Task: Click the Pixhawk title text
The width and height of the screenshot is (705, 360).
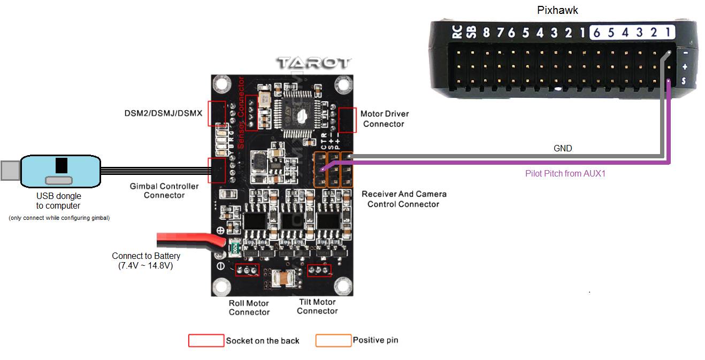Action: (557, 10)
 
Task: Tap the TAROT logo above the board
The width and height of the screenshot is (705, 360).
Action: (313, 63)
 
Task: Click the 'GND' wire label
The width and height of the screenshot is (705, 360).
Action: (563, 148)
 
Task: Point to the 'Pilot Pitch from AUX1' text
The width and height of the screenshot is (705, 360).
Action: (565, 173)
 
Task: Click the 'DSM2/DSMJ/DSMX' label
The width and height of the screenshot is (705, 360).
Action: (163, 113)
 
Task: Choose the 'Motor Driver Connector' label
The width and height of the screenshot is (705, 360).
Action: (384, 119)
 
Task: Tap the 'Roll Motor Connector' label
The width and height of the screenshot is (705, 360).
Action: (249, 308)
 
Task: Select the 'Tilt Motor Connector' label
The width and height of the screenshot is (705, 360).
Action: (317, 307)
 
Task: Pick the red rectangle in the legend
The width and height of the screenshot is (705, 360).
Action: (206, 340)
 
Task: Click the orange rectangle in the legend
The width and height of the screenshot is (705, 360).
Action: (333, 340)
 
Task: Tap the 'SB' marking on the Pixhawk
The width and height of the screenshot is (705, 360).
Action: (471, 32)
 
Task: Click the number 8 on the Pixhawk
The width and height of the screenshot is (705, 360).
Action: (486, 33)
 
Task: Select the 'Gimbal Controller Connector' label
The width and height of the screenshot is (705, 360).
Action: (164, 190)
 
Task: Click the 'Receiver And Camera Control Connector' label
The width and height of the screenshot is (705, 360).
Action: (404, 198)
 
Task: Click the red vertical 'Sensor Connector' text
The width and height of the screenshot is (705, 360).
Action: (241, 113)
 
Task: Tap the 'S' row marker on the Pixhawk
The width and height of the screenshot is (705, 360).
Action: (684, 81)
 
